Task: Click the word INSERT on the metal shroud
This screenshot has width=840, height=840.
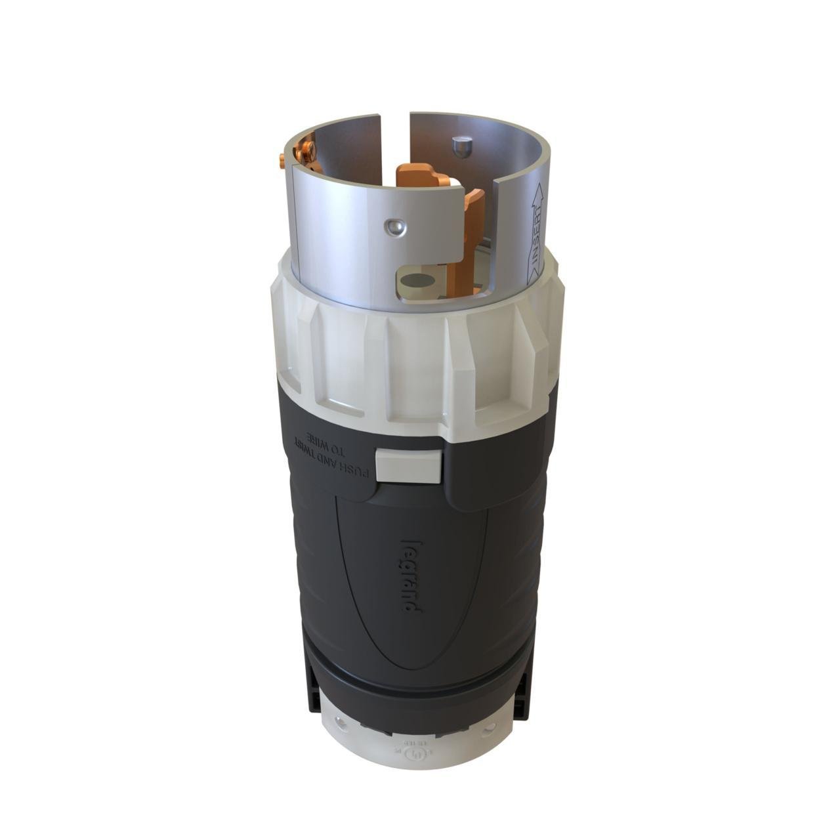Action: point(537,236)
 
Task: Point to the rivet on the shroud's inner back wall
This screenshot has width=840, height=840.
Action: point(461,147)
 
